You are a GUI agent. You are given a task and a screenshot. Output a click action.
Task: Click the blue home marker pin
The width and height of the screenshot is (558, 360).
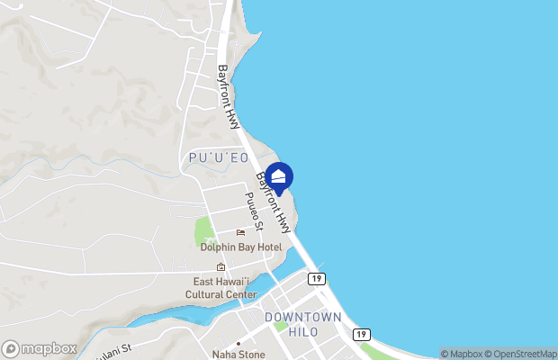pos(279,177)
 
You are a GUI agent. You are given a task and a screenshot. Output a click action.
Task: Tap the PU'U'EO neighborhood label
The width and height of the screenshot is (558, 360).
pos(219,158)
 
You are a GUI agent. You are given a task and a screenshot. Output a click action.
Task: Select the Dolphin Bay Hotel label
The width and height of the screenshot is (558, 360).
pos(241,247)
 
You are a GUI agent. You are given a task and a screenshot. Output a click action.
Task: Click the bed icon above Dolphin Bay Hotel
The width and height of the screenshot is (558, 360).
pos(240,233)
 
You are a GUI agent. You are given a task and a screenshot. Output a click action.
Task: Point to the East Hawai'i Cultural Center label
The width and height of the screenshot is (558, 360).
pos(221,288)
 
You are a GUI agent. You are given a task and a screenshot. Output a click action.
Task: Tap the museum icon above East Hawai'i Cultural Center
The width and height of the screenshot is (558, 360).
pos(220,267)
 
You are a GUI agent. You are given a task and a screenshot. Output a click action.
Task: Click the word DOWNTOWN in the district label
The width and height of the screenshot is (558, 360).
pos(303,318)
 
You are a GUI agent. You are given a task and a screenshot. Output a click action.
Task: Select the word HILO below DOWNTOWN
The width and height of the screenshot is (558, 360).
pos(303,331)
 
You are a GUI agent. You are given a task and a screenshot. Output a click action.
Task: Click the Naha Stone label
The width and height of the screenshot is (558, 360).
pos(238,354)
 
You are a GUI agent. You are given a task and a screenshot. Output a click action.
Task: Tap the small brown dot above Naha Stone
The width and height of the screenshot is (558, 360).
pos(238,343)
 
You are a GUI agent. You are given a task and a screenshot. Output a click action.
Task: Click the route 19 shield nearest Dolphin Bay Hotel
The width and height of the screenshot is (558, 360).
pos(316,279)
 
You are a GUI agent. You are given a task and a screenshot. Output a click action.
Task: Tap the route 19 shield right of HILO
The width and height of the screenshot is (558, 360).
pos(361,334)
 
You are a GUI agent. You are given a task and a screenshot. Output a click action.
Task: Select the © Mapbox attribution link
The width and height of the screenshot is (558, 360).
pos(461,354)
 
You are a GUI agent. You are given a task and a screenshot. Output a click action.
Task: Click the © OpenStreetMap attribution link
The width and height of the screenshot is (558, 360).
pos(520,354)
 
